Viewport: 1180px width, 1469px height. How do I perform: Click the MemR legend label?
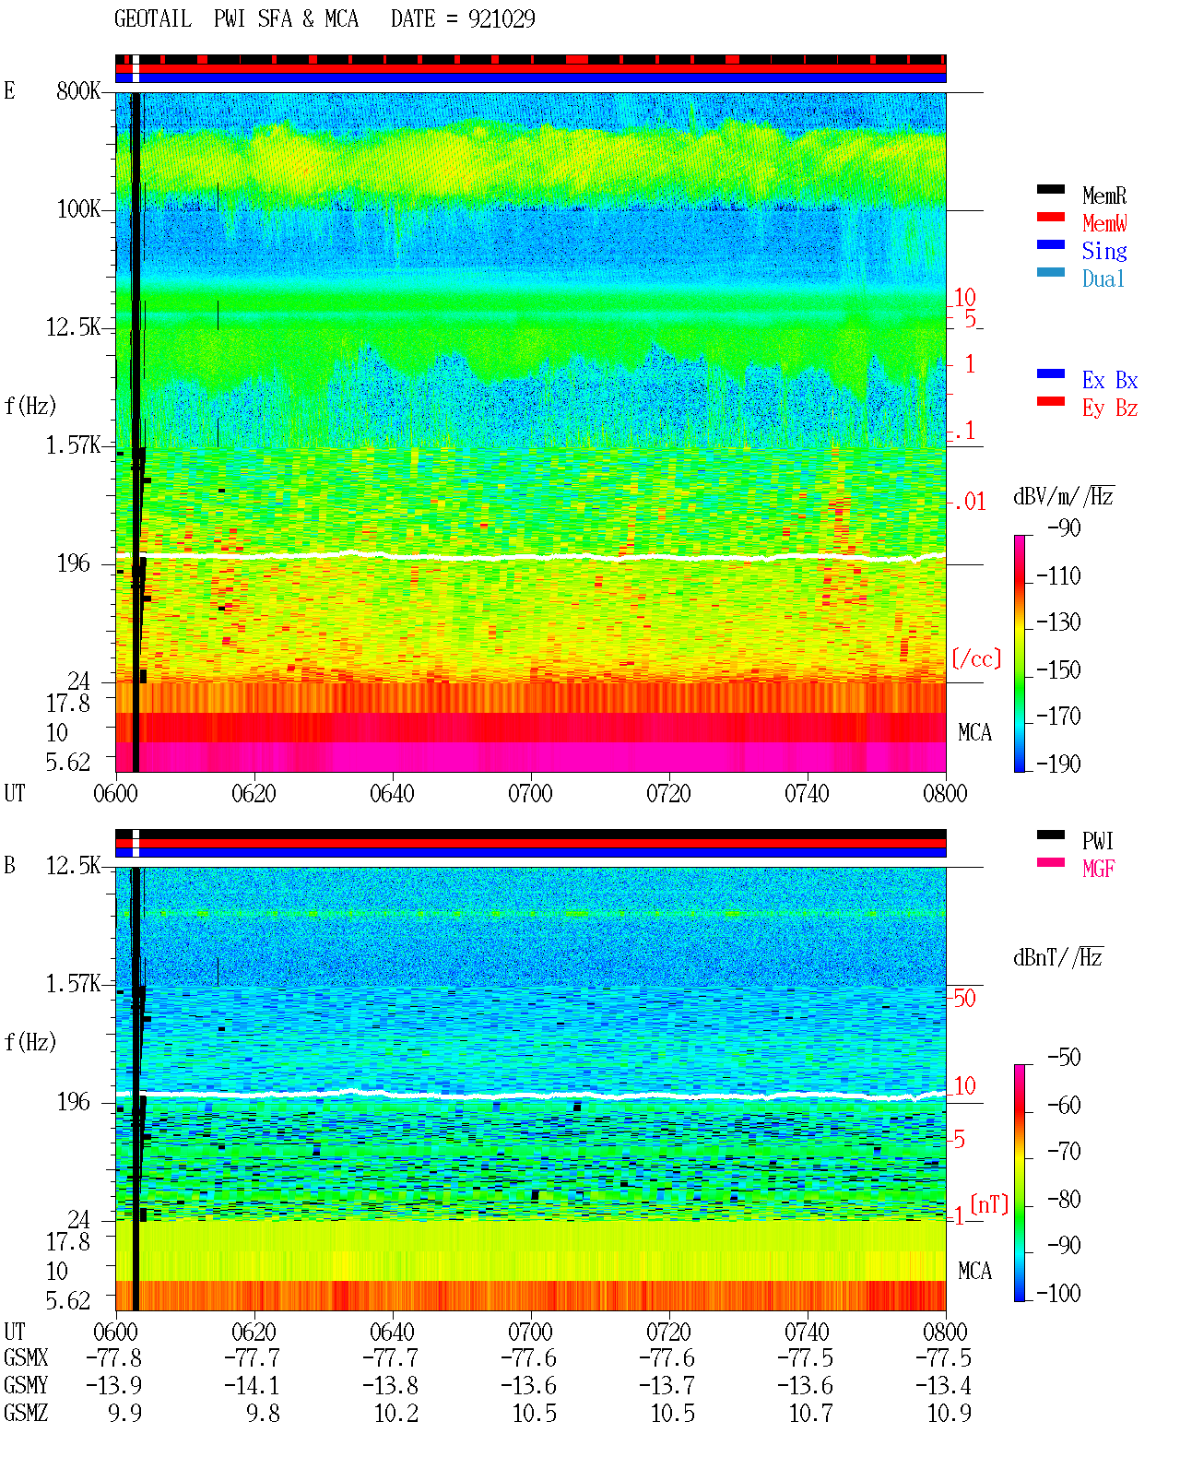[x=1103, y=195]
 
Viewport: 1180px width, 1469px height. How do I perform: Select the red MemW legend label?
[x=1103, y=223]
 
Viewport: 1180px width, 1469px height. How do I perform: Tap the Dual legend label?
[x=1103, y=278]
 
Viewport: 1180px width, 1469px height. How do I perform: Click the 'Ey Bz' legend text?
[x=1109, y=409]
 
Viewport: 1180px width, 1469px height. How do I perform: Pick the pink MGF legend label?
[x=1098, y=869]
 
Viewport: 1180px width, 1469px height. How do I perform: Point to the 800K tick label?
[x=78, y=90]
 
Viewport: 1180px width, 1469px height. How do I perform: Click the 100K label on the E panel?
[x=78, y=209]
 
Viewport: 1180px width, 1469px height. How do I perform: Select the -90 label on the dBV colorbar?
[x=1064, y=527]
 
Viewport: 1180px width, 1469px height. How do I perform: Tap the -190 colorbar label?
[x=1058, y=764]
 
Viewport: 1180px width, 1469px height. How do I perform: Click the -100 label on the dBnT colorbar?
[x=1058, y=1293]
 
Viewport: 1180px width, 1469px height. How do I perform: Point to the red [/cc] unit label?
[x=976, y=658]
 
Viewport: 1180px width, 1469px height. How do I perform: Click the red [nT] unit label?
[x=989, y=1204]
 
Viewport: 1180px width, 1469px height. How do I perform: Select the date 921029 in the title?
[x=501, y=19]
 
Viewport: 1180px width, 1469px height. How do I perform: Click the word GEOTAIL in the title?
[x=153, y=19]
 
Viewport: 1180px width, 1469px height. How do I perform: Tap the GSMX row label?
[x=26, y=1357]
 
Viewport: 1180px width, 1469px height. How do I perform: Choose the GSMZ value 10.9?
[x=950, y=1413]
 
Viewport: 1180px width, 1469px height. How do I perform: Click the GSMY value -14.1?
[x=252, y=1385]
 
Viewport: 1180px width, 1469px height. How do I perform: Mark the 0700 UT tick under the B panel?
[x=530, y=1332]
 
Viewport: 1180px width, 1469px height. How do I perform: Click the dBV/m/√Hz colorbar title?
[x=1064, y=496]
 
